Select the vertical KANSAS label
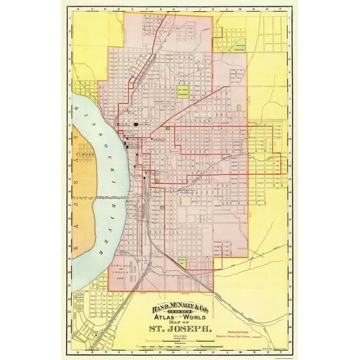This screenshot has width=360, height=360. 80,190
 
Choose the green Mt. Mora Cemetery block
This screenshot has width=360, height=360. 183,91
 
